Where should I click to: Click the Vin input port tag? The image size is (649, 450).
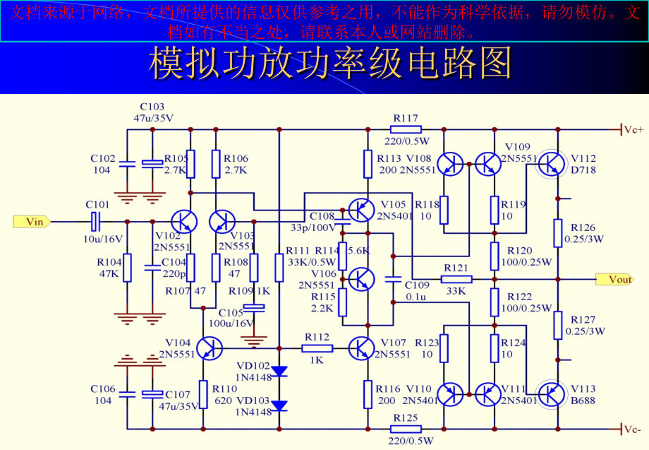(x=32, y=222)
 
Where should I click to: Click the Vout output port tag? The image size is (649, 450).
(x=614, y=279)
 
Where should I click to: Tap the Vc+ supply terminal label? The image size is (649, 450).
(x=632, y=129)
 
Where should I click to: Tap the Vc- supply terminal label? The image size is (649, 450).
(x=632, y=429)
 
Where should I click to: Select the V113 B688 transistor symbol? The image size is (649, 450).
(x=551, y=392)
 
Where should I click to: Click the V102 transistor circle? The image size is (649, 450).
(x=185, y=221)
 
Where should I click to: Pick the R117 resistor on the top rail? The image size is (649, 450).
(x=406, y=129)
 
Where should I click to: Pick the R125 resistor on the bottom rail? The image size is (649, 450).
(x=406, y=429)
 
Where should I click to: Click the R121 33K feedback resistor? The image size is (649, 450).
(x=456, y=279)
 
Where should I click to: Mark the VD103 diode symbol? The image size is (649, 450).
(x=280, y=405)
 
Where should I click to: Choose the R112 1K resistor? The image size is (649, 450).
(x=317, y=348)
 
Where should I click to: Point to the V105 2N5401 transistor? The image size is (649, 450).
(x=360, y=210)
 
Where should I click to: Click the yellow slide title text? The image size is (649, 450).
(x=329, y=64)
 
